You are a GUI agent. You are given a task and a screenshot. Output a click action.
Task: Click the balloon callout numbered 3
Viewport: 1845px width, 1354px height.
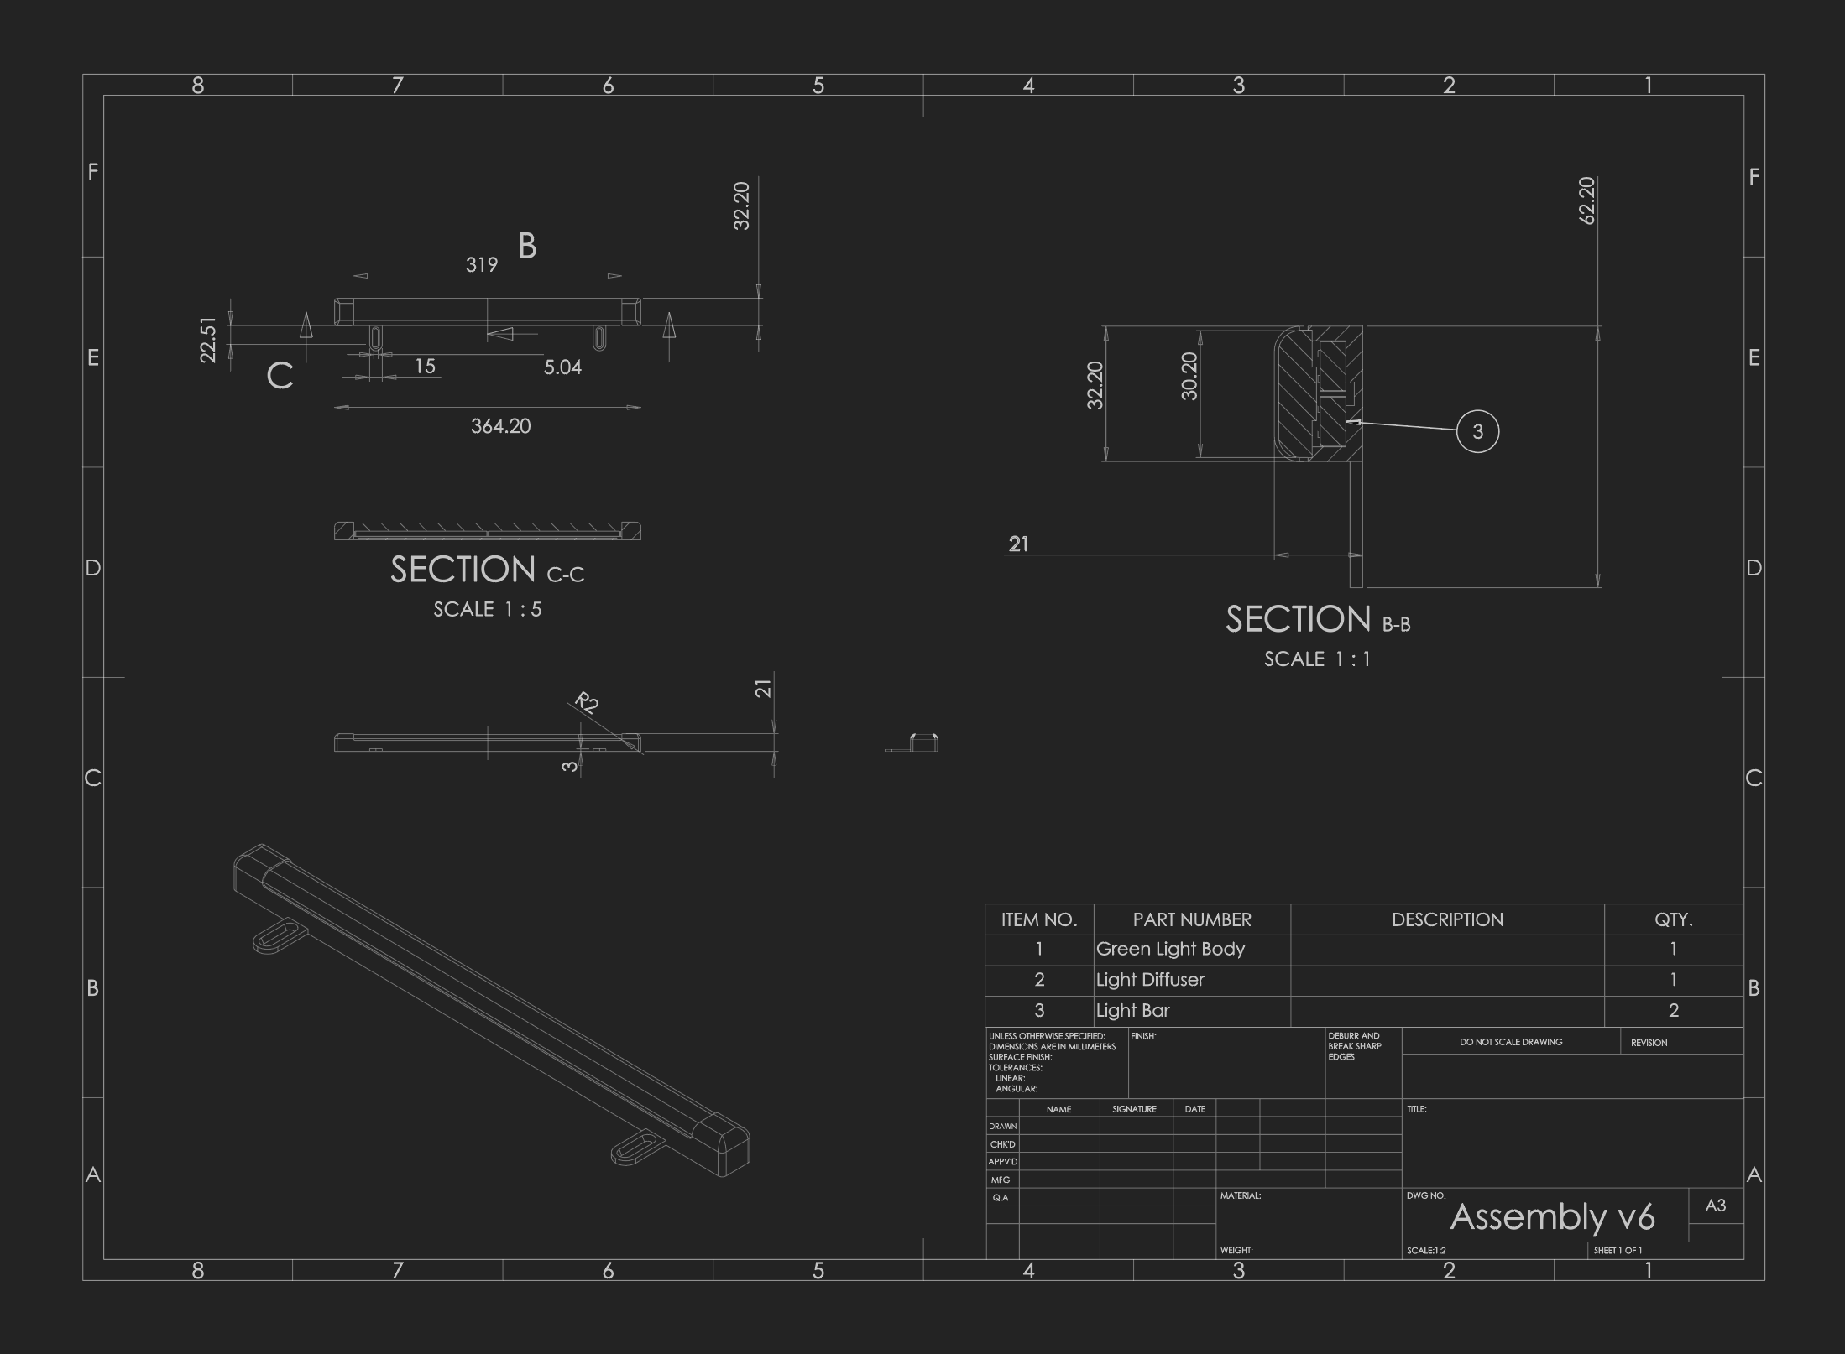pyautogui.click(x=1477, y=431)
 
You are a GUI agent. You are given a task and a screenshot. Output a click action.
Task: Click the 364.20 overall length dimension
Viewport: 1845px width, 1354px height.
pyautogui.click(x=500, y=426)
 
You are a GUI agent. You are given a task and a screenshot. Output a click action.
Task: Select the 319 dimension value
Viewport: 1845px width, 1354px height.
pyautogui.click(x=482, y=265)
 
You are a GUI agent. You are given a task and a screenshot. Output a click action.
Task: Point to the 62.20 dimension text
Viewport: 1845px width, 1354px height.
pyautogui.click(x=1586, y=200)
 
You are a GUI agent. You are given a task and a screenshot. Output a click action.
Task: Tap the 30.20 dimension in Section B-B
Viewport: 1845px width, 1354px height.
pyautogui.click(x=1189, y=376)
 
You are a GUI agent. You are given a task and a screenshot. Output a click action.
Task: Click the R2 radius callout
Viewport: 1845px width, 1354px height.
pyautogui.click(x=587, y=702)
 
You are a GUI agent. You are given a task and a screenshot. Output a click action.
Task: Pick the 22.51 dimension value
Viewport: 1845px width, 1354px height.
pyautogui.click(x=208, y=340)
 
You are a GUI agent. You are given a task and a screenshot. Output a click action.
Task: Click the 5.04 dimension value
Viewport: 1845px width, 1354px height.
pyautogui.click(x=562, y=367)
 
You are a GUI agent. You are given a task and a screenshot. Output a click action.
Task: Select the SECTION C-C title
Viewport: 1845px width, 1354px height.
pyautogui.click(x=487, y=570)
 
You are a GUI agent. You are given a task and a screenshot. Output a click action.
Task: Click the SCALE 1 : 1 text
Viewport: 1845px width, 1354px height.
pyautogui.click(x=1317, y=659)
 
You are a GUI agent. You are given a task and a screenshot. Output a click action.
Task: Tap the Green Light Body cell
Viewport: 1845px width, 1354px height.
pyautogui.click(x=1170, y=949)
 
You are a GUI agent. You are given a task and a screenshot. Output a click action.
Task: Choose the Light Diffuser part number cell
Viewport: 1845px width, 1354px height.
pyautogui.click(x=1150, y=980)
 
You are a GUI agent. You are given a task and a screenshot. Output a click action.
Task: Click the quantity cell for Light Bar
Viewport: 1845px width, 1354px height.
pyautogui.click(x=1673, y=1011)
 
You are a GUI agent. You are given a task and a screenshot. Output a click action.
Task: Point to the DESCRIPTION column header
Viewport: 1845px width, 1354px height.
pyautogui.click(x=1447, y=919)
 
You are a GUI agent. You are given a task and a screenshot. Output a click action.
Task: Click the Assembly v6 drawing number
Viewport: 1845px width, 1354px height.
pyautogui.click(x=1552, y=1216)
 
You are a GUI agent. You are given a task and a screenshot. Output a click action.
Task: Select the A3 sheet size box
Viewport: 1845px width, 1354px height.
pyautogui.click(x=1715, y=1206)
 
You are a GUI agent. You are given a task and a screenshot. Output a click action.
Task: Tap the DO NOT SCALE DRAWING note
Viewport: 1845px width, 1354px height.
pyautogui.click(x=1511, y=1042)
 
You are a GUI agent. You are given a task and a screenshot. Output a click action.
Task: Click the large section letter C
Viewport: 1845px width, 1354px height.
pyautogui.click(x=280, y=376)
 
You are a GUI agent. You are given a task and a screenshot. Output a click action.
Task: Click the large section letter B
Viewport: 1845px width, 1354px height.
pyautogui.click(x=527, y=246)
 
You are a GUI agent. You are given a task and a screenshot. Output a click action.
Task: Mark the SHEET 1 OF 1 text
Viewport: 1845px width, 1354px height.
pyautogui.click(x=1618, y=1251)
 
